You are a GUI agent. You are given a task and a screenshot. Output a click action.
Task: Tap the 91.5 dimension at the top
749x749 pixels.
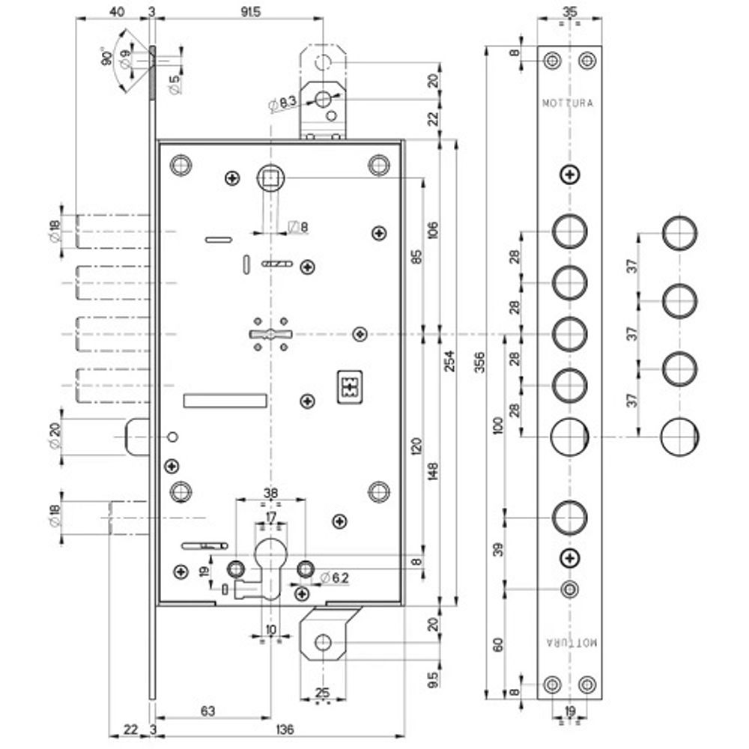coord(240,13)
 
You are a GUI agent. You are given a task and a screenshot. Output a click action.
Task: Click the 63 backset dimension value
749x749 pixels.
coord(209,709)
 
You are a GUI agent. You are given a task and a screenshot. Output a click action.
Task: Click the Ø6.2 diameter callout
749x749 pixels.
coord(335,577)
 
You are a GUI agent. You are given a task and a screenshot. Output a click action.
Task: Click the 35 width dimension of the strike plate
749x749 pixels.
coord(570,10)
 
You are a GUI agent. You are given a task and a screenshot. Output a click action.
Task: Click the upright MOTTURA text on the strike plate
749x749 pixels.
coord(568,104)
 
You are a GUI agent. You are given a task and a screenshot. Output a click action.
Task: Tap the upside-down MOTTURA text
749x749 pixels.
coord(570,643)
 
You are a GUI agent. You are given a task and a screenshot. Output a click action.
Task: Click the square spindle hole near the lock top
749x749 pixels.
coord(268,178)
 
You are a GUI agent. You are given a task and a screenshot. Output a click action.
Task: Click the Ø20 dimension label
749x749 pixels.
coord(55,435)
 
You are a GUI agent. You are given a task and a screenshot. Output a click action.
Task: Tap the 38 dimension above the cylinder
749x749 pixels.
coord(271,494)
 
